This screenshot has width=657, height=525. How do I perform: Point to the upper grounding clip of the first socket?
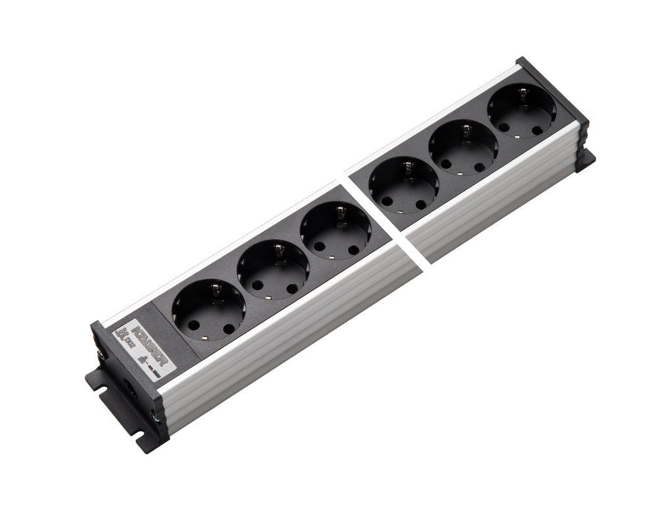[214, 287]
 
